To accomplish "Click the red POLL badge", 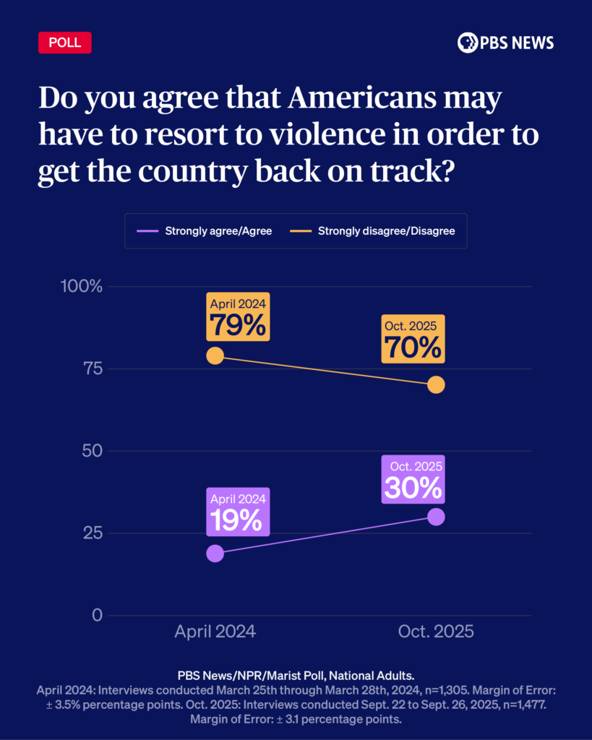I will click(x=65, y=43).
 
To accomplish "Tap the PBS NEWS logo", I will click(x=505, y=43).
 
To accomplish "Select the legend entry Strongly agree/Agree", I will click(x=205, y=231).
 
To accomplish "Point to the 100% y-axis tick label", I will click(x=82, y=286).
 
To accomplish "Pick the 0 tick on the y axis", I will click(x=96, y=616).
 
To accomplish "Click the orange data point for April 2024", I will click(x=215, y=356).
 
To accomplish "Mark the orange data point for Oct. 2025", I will click(x=436, y=384).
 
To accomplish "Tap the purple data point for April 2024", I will click(x=215, y=554).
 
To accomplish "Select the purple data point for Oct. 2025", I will click(x=436, y=517).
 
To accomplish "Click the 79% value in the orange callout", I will click(x=238, y=324).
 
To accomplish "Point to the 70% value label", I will click(x=413, y=348).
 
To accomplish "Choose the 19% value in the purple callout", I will click(x=238, y=520).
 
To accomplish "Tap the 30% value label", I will click(x=413, y=488).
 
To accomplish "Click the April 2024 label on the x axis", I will click(x=215, y=632).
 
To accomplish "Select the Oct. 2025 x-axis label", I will click(x=436, y=632).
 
